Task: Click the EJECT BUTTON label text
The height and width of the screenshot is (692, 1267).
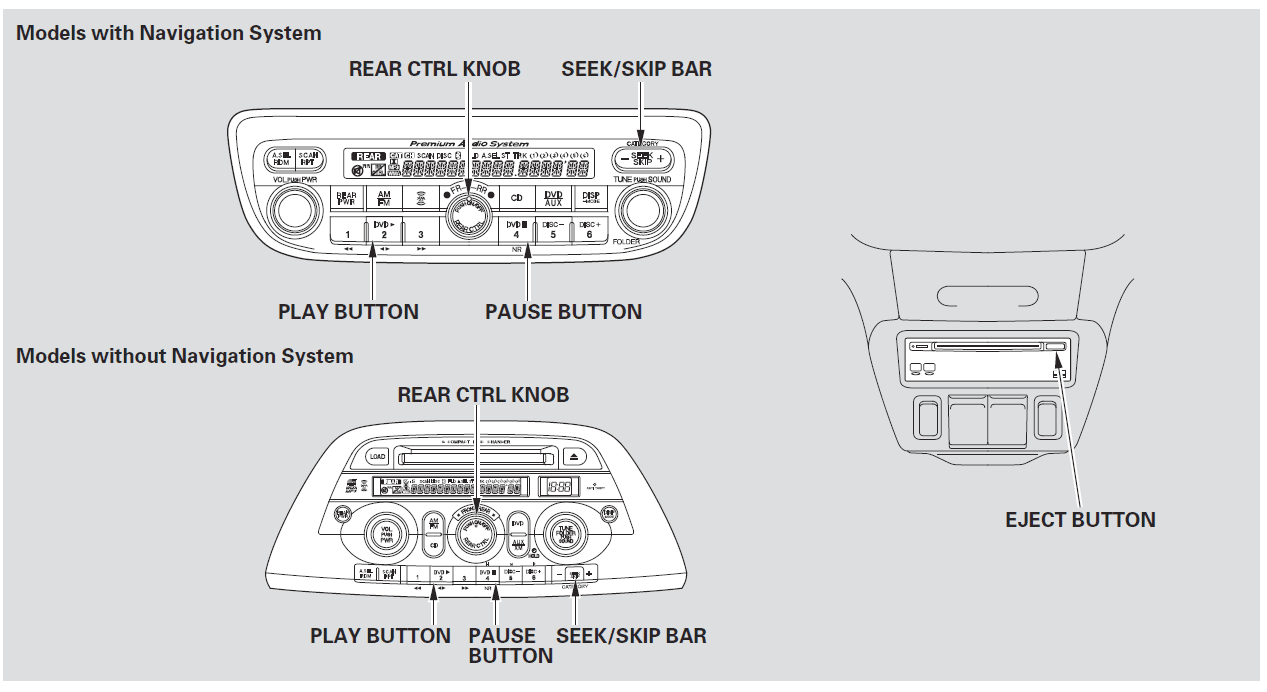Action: coord(1080,520)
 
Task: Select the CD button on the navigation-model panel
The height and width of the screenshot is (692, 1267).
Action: coord(517,198)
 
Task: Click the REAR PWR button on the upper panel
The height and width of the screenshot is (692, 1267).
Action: coord(347,198)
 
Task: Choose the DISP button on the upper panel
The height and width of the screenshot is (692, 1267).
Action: coord(590,198)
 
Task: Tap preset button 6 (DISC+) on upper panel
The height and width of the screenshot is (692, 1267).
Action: coord(588,233)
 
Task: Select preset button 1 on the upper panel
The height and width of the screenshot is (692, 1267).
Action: coord(347,234)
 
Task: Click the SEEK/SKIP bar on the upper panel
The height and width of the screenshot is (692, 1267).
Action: coord(641,159)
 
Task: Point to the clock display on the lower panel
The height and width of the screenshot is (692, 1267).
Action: coord(560,487)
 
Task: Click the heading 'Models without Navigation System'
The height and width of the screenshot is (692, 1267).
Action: coord(185,356)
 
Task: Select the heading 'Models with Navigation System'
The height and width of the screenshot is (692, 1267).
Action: coord(169,33)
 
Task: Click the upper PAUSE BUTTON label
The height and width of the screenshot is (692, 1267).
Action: coord(563,311)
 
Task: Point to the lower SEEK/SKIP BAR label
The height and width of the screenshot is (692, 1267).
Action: coord(631,636)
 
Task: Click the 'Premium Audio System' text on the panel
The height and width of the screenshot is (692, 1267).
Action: coord(469,144)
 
